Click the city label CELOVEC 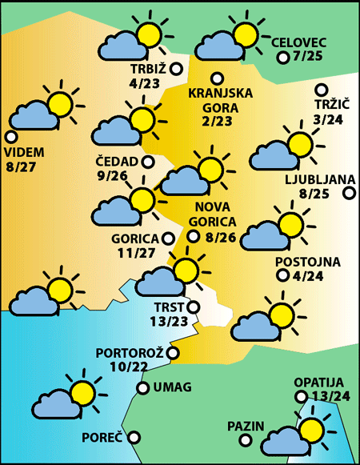pyautogui.click(x=299, y=42)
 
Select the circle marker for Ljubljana pyautogui.click(x=349, y=193)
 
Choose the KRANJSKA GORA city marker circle pyautogui.click(x=216, y=78)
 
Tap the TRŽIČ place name pyautogui.click(x=328, y=105)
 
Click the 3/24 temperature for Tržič pyautogui.click(x=329, y=119)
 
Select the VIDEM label pyautogui.click(x=25, y=152)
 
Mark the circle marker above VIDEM pyautogui.click(x=10, y=136)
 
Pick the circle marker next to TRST pyautogui.click(x=192, y=307)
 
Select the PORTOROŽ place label pyautogui.click(x=130, y=353)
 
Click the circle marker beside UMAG pyautogui.click(x=142, y=388)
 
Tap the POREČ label pyautogui.click(x=102, y=438)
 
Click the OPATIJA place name pyautogui.click(x=318, y=382)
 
